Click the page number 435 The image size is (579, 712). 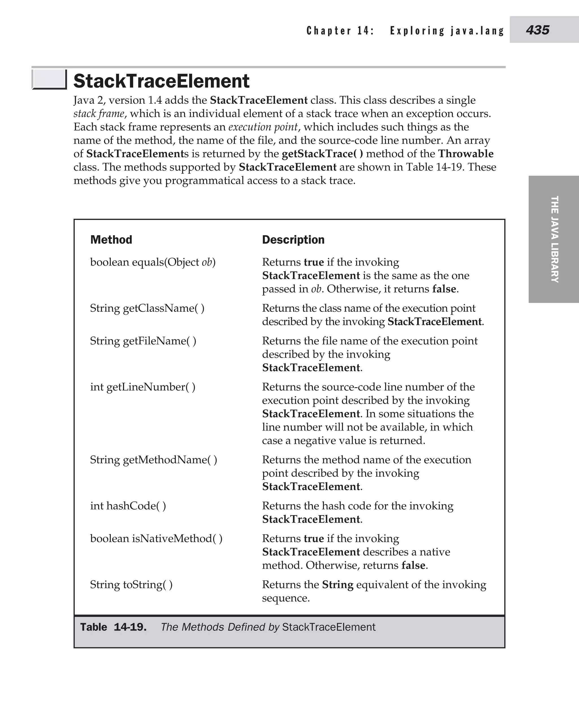[x=537, y=30]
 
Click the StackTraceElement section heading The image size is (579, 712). [x=161, y=81]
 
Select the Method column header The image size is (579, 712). [x=111, y=240]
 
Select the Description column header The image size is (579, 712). [x=293, y=240]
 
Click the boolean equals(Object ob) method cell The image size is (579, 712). [x=153, y=262]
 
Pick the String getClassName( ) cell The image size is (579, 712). [x=147, y=308]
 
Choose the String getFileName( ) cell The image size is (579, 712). [x=143, y=341]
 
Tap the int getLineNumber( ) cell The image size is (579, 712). [x=143, y=387]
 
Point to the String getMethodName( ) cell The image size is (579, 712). [x=154, y=460]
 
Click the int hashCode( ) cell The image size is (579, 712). [x=128, y=506]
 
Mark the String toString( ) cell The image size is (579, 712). [x=131, y=585]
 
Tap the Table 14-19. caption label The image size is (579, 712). [x=113, y=627]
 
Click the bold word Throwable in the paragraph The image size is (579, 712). [x=466, y=154]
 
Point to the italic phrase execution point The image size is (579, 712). [x=263, y=127]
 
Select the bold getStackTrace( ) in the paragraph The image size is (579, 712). [x=322, y=154]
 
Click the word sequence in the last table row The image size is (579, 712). [x=286, y=598]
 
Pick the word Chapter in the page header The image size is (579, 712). [x=329, y=31]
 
